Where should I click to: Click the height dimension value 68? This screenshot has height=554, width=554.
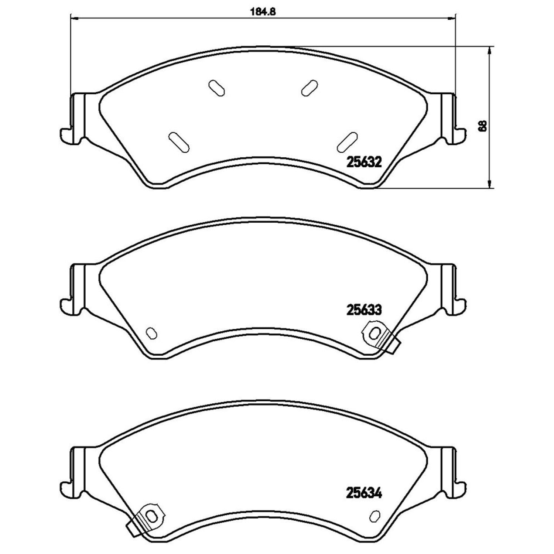point(482,126)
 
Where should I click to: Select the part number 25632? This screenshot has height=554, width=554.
point(363,162)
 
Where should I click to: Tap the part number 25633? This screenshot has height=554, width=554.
point(363,310)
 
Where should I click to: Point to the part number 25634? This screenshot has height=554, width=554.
point(363,493)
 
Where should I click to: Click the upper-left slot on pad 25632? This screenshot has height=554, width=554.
point(216,89)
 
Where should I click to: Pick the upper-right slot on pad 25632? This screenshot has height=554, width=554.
point(309,89)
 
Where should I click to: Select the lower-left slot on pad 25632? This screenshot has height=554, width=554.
point(178,142)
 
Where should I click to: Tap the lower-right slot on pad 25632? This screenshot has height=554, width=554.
point(347,142)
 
